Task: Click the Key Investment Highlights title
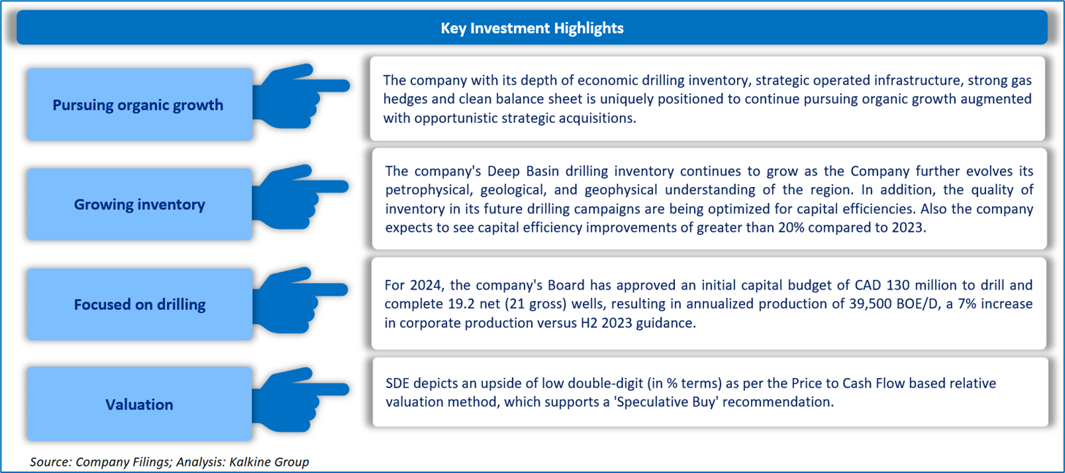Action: pyautogui.click(x=532, y=28)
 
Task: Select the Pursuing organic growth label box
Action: pyautogui.click(x=140, y=105)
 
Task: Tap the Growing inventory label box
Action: pyautogui.click(x=140, y=204)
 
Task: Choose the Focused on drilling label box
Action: pyautogui.click(x=140, y=304)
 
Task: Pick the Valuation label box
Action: pyautogui.click(x=140, y=404)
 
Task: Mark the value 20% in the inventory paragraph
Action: pyautogui.click(x=790, y=227)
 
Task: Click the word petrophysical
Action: pyautogui.click(x=428, y=190)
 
